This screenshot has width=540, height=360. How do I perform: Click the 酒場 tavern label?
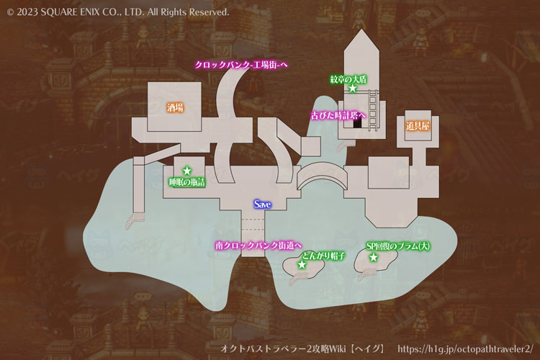coord(175,108)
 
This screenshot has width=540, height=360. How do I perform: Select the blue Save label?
coord(262,204)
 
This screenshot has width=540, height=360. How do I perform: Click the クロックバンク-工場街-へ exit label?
coord(242,65)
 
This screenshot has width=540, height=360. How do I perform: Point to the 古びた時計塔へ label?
coord(338,114)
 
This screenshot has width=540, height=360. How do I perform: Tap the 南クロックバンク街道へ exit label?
coord(258,246)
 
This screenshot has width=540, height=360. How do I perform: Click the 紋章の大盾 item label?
coord(348,78)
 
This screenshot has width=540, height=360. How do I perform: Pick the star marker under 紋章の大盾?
coord(353,88)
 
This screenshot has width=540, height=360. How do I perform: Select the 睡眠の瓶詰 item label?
coord(187,182)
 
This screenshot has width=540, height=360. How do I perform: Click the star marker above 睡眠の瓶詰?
coord(187,171)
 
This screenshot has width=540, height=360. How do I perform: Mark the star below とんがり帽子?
coord(302,265)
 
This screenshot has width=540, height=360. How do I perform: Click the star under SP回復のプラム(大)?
coord(374,257)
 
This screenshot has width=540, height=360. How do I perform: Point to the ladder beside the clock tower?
coord(372,108)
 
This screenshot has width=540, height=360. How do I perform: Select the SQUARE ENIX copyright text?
coord(118,12)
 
